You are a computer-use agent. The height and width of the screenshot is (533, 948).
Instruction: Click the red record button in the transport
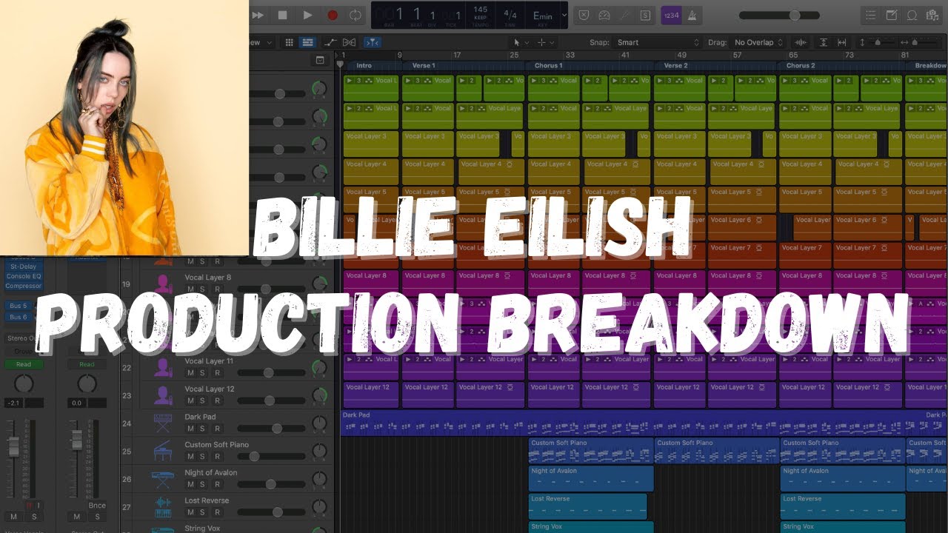pyautogui.click(x=333, y=15)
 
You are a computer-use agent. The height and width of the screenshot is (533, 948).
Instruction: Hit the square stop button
pyautogui.click(x=282, y=15)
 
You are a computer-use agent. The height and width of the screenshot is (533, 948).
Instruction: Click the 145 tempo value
pyautogui.click(x=480, y=10)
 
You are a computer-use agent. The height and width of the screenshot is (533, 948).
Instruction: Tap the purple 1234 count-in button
pyautogui.click(x=671, y=15)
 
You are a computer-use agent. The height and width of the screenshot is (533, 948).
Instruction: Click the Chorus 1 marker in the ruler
pyautogui.click(x=548, y=65)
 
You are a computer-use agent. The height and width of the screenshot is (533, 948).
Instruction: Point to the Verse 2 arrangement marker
pyautogui.click(x=675, y=65)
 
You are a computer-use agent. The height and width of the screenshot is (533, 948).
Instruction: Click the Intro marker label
pyautogui.click(x=364, y=65)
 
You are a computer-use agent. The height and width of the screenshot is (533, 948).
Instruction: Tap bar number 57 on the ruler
pyautogui.click(x=738, y=55)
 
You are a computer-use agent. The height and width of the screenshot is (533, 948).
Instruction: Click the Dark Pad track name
pyautogui.click(x=200, y=417)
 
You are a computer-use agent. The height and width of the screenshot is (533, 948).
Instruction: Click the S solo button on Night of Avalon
pyautogui.click(x=202, y=484)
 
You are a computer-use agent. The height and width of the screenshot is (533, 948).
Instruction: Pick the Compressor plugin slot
pyautogui.click(x=24, y=286)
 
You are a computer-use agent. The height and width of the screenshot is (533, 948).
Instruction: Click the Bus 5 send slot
pyautogui.click(x=18, y=306)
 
